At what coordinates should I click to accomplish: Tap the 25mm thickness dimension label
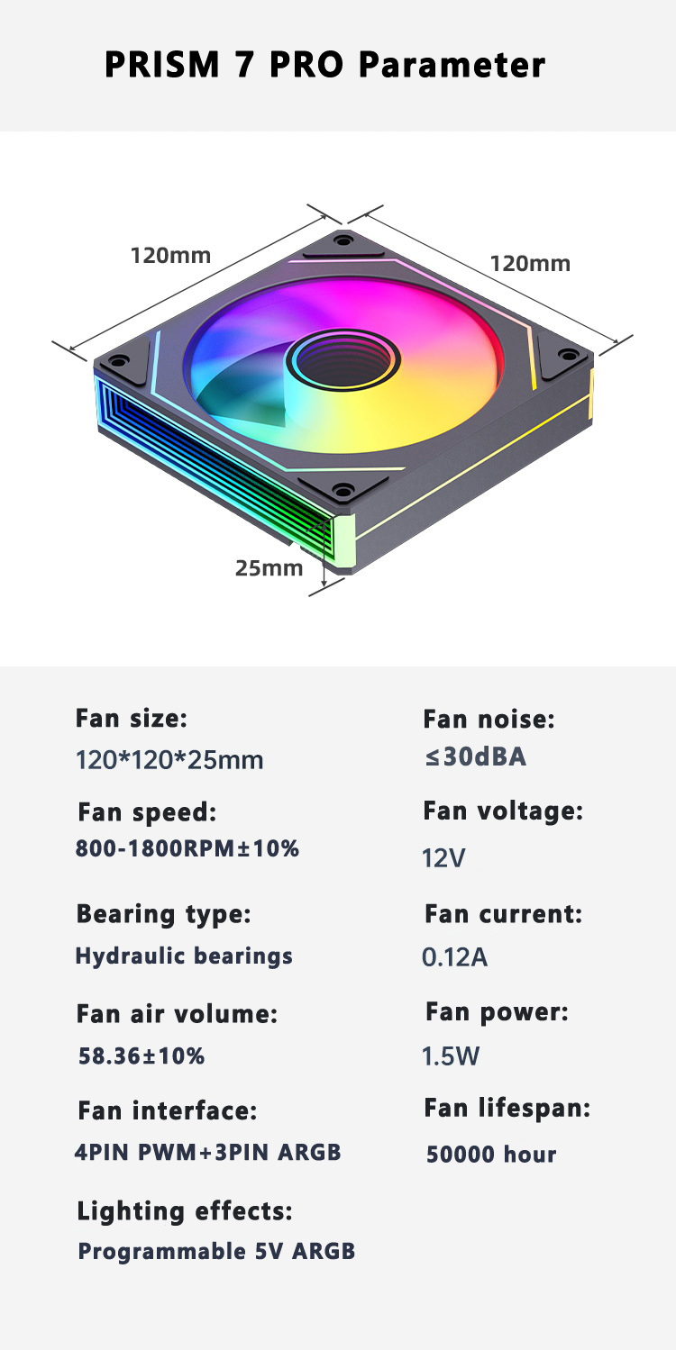[x=269, y=568]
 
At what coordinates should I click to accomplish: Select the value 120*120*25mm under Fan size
[x=169, y=760]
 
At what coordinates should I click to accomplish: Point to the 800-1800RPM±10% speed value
[x=187, y=847]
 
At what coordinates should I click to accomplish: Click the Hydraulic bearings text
[x=184, y=956]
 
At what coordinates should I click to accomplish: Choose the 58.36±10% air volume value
[x=142, y=1056]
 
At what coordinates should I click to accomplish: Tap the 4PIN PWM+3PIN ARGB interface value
[x=207, y=1152]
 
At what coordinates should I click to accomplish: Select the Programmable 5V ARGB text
[x=216, y=1252]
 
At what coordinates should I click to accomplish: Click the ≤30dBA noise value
[x=475, y=757]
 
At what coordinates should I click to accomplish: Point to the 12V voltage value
[x=443, y=858]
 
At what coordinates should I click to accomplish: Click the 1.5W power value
[x=451, y=1056]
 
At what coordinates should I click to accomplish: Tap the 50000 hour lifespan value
[x=491, y=1155]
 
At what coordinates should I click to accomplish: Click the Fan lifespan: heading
[x=507, y=1109]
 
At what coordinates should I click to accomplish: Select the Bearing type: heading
[x=163, y=914]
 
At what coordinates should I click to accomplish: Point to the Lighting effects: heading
[x=185, y=1212]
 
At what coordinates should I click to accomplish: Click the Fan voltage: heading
[x=503, y=811]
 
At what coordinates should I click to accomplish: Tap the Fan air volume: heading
[x=177, y=1015]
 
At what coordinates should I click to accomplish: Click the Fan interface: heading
[x=167, y=1111]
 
